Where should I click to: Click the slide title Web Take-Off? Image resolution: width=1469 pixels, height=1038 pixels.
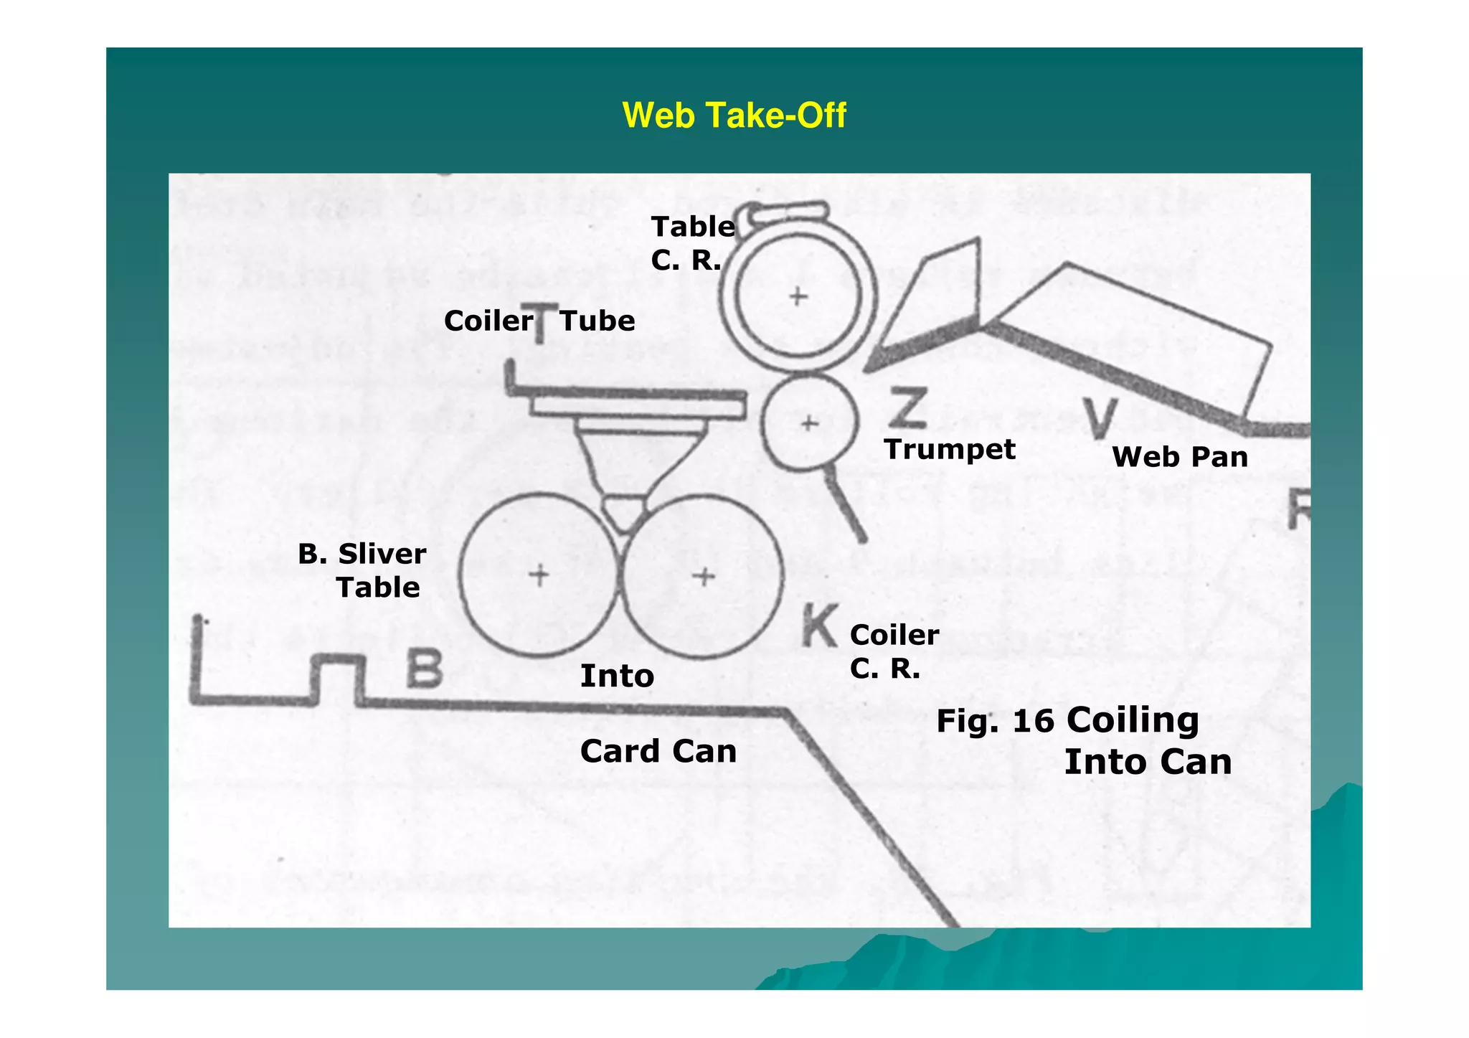(734, 115)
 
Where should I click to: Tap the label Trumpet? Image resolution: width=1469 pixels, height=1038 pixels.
(949, 450)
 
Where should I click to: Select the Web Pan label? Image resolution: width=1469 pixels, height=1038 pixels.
(1179, 457)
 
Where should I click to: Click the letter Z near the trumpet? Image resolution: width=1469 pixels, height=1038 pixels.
(907, 407)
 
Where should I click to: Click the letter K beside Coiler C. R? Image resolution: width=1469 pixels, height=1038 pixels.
(819, 625)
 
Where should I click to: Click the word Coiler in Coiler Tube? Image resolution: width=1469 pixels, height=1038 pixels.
(488, 321)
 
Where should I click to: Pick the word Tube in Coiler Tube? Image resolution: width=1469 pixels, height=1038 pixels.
(597, 321)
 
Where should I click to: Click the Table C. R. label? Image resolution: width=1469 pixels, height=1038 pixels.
(692, 243)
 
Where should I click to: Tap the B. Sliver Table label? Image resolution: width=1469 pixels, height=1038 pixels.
(362, 571)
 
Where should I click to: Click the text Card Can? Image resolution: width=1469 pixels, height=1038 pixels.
(658, 752)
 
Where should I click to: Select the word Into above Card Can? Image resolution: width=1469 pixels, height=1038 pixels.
(617, 676)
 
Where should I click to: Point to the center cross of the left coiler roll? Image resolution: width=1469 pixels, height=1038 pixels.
(539, 575)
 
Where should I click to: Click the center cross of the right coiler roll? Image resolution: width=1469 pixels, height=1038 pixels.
(704, 576)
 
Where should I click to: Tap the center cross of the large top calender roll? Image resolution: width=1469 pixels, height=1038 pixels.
(798, 296)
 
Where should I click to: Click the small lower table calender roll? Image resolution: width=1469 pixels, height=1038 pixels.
(809, 423)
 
